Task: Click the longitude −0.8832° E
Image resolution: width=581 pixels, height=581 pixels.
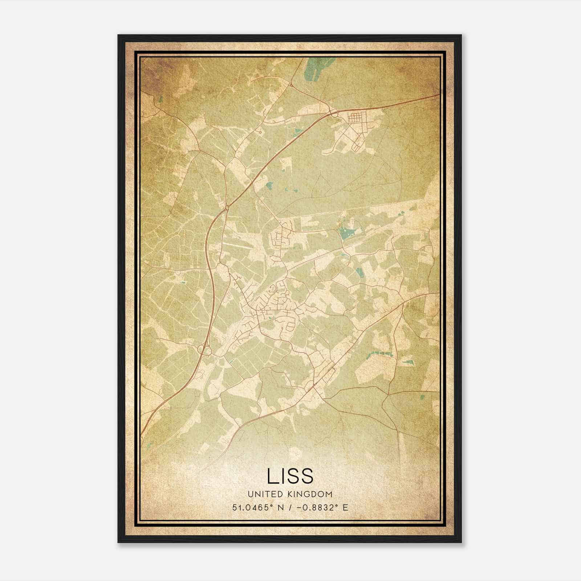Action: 320,507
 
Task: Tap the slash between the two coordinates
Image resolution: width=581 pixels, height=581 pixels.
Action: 289,507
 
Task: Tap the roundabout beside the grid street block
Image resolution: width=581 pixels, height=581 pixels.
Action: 334,114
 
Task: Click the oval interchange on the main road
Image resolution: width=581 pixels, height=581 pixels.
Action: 204,350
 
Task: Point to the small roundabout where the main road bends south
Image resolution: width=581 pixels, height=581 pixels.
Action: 227,207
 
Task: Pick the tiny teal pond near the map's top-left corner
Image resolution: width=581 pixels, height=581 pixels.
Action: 161,99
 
